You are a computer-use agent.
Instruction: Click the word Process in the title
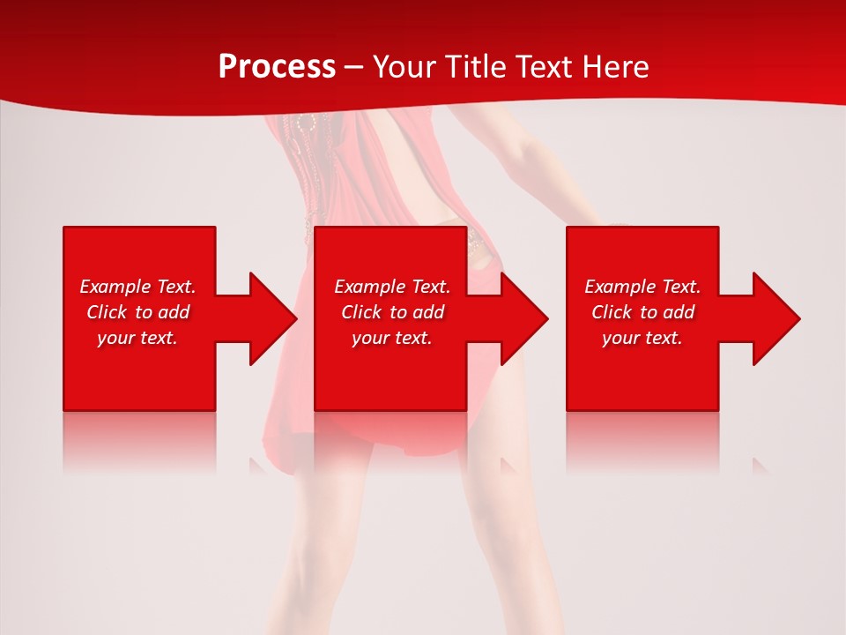pyautogui.click(x=277, y=66)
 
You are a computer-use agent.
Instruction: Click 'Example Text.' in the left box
pyautogui.click(x=137, y=287)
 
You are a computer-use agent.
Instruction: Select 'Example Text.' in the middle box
pyautogui.click(x=392, y=287)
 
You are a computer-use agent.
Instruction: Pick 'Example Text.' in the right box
pyautogui.click(x=642, y=287)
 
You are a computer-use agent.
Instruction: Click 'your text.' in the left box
pyautogui.click(x=137, y=338)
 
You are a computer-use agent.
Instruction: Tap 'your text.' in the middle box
pyautogui.click(x=392, y=338)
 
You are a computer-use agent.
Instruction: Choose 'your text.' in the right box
pyautogui.click(x=642, y=338)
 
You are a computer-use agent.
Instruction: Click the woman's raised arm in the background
pyautogui.click(x=529, y=159)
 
